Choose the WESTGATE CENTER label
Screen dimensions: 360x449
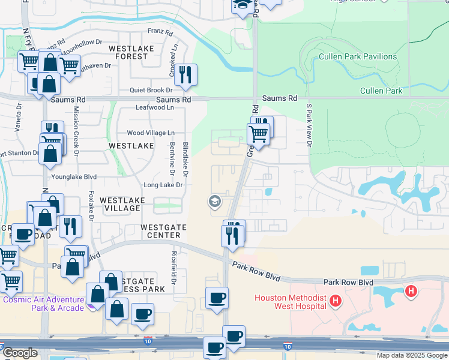163,232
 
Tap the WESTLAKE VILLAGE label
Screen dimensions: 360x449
122,204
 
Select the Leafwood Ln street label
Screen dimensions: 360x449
155,108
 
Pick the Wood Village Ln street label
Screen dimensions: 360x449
150,133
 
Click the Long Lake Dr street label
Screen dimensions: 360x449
162,185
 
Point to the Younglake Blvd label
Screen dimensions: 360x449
77,178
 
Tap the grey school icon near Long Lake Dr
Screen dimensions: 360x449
214,202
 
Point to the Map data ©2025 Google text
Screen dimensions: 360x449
411,355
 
